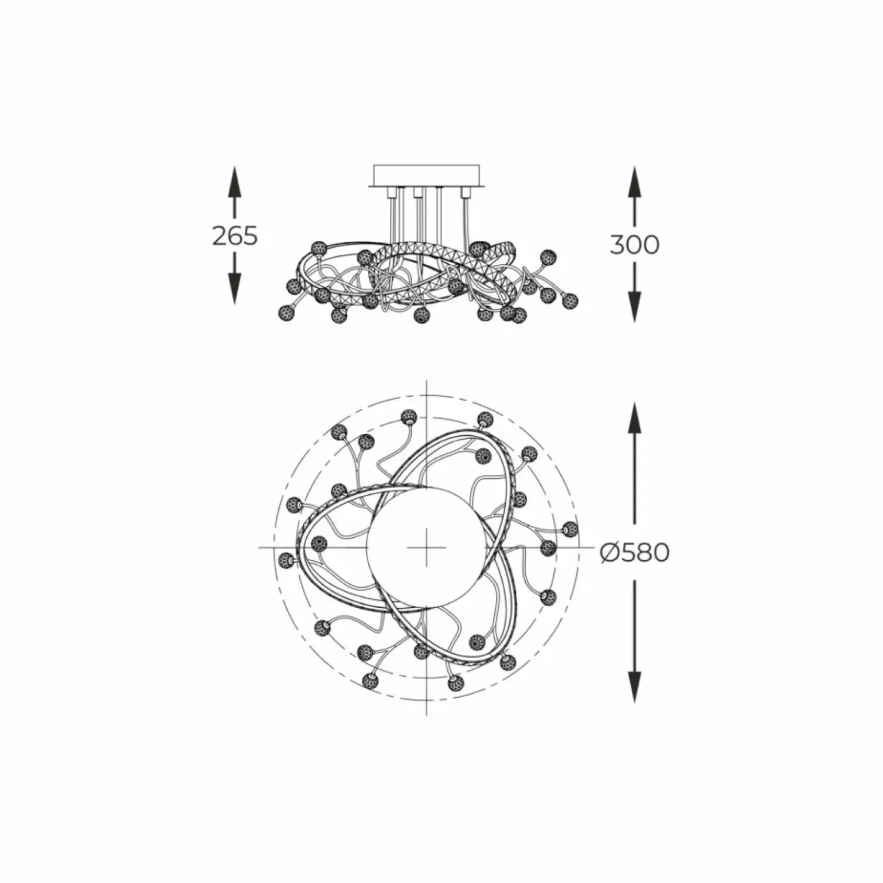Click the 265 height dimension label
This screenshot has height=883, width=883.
[x=235, y=236]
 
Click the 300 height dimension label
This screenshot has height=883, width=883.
[x=634, y=245]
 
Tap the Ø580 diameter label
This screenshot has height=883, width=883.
[x=635, y=553]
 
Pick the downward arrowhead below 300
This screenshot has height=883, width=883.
[x=634, y=307]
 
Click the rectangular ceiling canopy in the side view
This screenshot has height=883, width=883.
[x=427, y=175]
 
